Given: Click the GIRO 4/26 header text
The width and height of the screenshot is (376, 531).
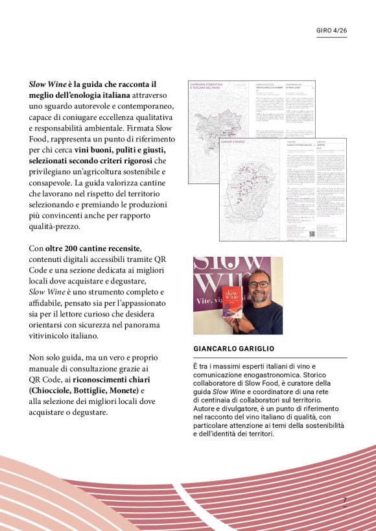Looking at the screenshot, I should point(331,30).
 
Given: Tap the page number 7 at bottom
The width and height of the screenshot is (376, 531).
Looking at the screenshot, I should point(345,501).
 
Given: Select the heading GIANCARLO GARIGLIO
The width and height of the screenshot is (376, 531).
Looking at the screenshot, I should point(233,349).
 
